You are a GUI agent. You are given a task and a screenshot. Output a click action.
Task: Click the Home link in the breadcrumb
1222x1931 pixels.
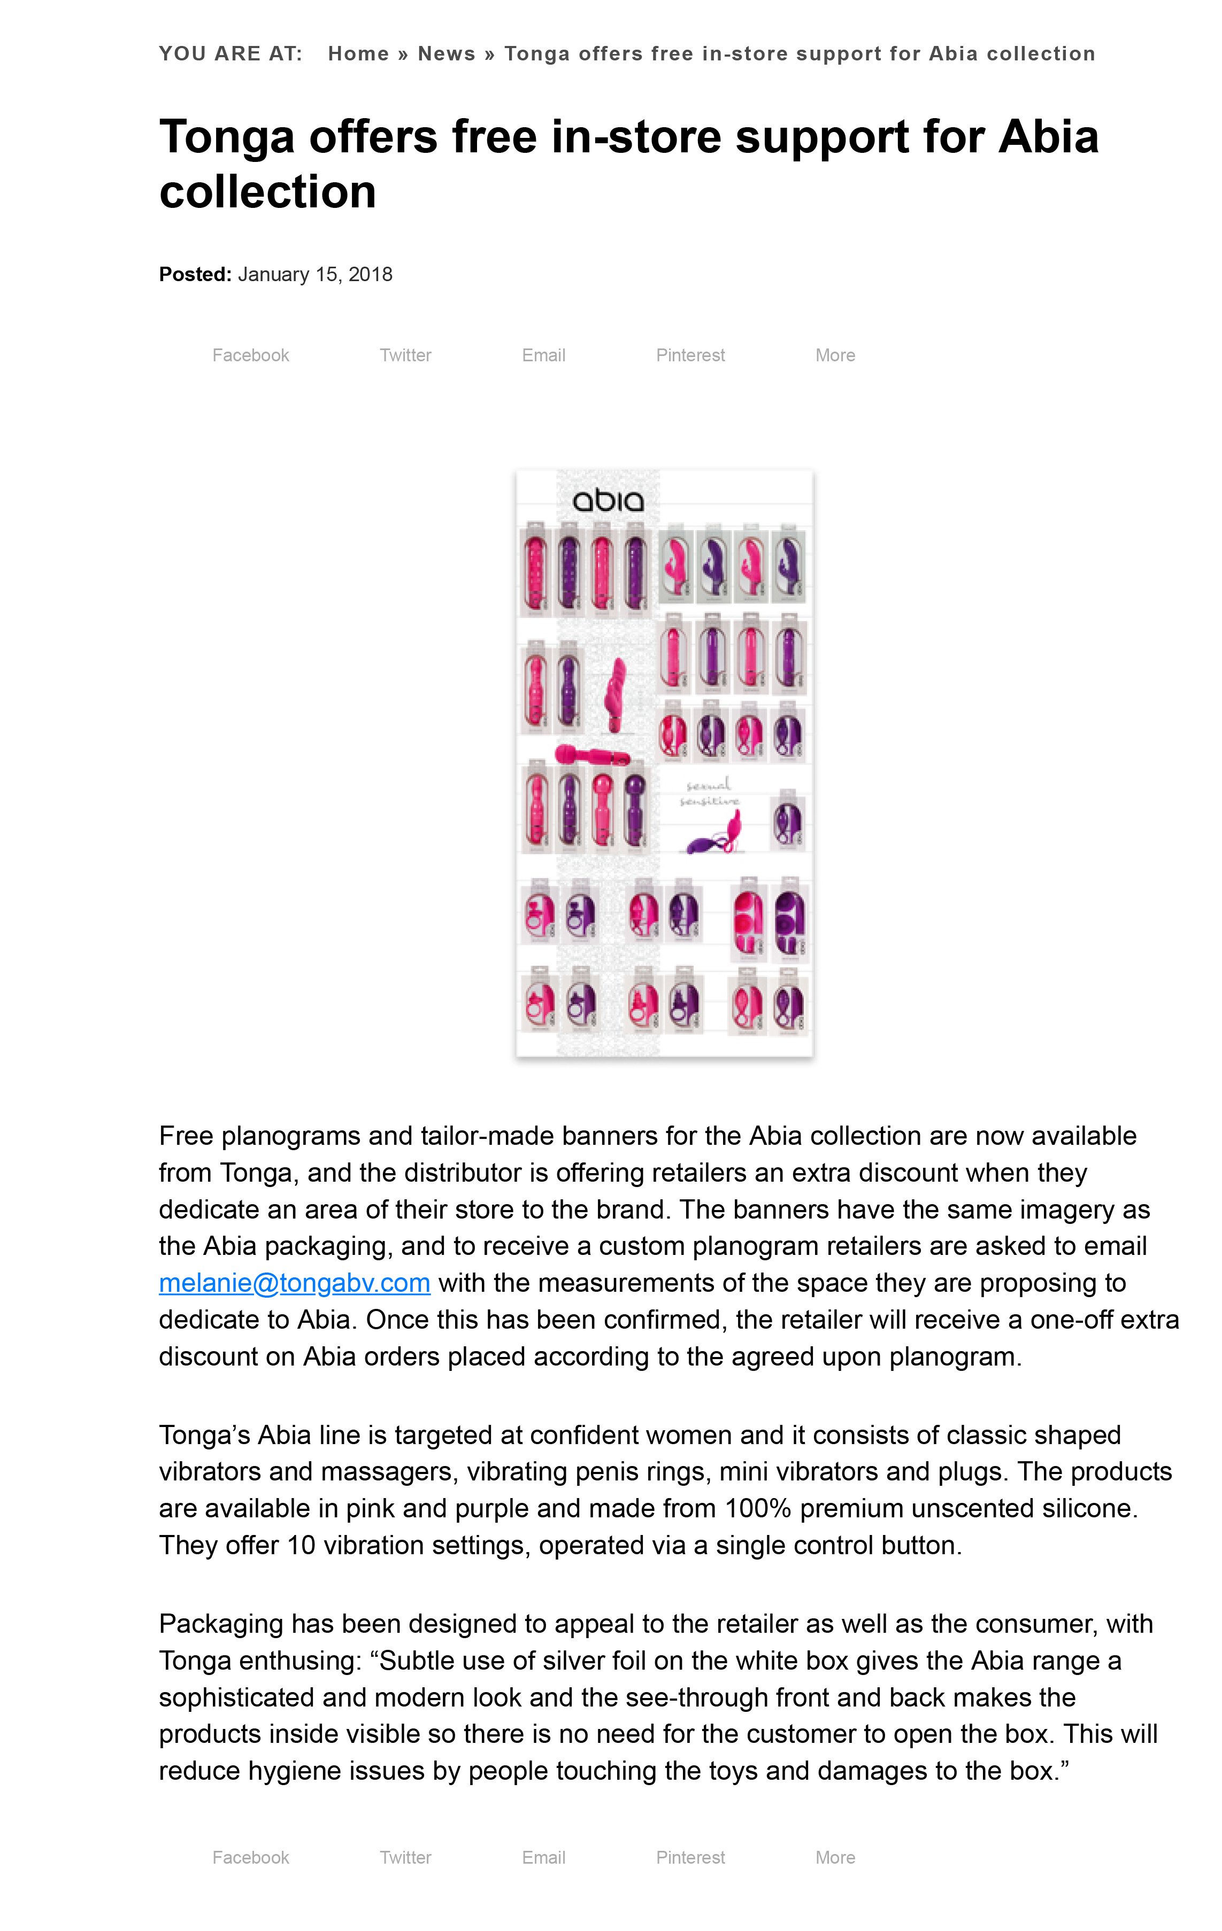pos(358,54)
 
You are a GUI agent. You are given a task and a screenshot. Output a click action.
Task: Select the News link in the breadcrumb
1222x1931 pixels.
pos(446,54)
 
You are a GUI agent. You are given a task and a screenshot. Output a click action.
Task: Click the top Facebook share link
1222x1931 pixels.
pos(250,355)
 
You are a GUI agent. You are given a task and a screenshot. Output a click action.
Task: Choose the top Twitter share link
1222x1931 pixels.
pos(405,355)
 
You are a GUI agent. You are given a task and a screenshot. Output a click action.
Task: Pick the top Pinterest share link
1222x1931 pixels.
pos(690,355)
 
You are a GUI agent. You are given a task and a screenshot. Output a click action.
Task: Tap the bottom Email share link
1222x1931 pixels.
pos(543,1857)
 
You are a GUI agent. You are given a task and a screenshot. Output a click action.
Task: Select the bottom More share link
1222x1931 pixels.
pos(835,1857)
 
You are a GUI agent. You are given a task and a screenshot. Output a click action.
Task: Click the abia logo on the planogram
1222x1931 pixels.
pos(608,501)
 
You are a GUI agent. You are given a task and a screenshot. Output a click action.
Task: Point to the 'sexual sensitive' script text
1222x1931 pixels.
pos(709,792)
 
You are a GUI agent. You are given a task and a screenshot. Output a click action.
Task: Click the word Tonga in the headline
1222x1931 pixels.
pos(227,137)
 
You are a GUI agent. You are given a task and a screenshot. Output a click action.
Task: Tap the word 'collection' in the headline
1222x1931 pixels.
pos(267,192)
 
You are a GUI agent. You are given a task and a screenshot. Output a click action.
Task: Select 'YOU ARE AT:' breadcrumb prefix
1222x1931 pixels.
pos(230,54)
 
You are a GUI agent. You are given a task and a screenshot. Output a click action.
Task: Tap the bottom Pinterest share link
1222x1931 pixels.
pos(690,1857)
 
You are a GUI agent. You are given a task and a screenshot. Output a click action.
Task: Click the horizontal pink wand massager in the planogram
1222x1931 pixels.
pos(591,755)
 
